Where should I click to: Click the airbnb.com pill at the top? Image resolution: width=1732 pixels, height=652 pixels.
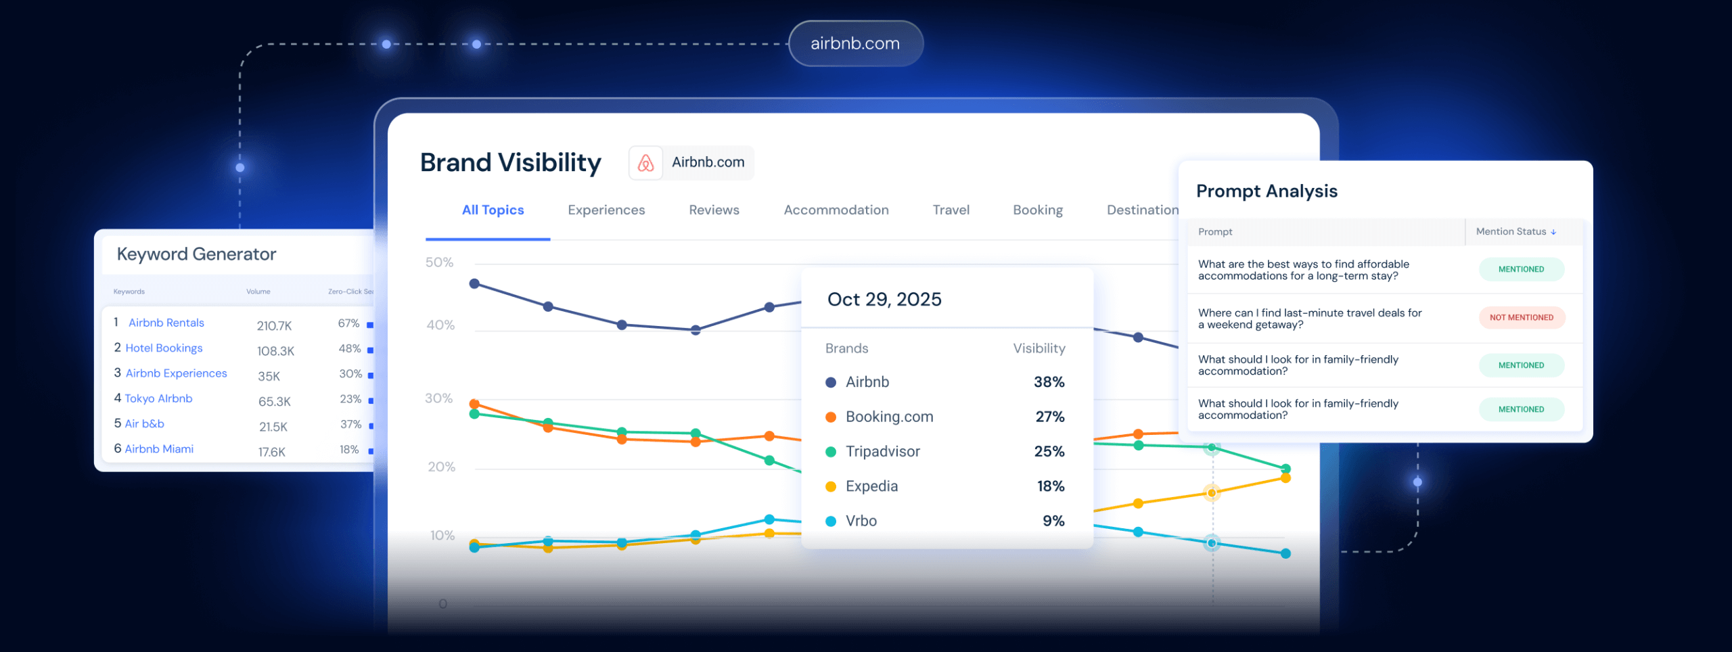pyautogui.click(x=855, y=43)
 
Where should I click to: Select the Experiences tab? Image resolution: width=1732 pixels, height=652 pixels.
pyautogui.click(x=606, y=210)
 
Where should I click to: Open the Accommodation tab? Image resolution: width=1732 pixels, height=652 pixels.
pyautogui.click(x=836, y=210)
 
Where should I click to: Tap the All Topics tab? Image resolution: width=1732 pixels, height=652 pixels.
pyautogui.click(x=493, y=210)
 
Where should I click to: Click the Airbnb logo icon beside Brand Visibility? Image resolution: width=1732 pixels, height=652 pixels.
pyautogui.click(x=645, y=163)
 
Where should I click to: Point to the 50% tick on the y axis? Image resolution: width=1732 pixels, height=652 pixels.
pyautogui.click(x=439, y=262)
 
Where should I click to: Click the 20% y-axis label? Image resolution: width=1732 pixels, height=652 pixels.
pyautogui.click(x=441, y=467)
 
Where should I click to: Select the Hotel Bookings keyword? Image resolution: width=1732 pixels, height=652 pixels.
pyautogui.click(x=164, y=348)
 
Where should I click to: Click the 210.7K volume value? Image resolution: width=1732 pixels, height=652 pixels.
pyautogui.click(x=274, y=325)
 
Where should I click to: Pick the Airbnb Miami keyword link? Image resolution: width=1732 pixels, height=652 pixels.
pyautogui.click(x=159, y=448)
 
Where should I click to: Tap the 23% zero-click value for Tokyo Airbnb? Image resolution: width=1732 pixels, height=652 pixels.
pyautogui.click(x=350, y=399)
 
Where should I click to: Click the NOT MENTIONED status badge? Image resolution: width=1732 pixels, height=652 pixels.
pyautogui.click(x=1521, y=317)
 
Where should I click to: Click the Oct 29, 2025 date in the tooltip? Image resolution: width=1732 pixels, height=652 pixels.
pyautogui.click(x=884, y=300)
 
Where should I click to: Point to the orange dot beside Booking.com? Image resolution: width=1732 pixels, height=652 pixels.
pyautogui.click(x=831, y=417)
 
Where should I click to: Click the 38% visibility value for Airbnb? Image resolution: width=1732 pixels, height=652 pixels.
pyautogui.click(x=1049, y=382)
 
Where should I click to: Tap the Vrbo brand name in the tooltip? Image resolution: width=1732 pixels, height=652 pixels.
pyautogui.click(x=861, y=521)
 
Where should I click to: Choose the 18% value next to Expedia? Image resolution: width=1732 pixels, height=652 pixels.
pyautogui.click(x=1050, y=486)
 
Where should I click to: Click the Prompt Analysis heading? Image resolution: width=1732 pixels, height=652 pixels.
pyautogui.click(x=1267, y=191)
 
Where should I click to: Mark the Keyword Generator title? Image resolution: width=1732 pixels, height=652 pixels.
pyautogui.click(x=196, y=254)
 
